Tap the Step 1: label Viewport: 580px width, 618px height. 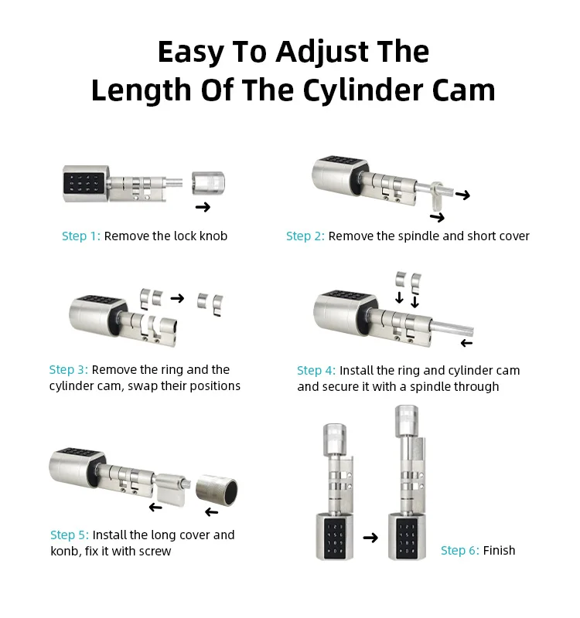pyautogui.click(x=81, y=236)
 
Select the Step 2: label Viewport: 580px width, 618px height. pyautogui.click(x=305, y=236)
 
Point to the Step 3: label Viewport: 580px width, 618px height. pyautogui.click(x=68, y=370)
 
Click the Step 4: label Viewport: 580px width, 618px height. pyautogui.click(x=316, y=371)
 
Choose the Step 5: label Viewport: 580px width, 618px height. pyautogui.click(x=70, y=535)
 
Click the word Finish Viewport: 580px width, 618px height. pyautogui.click(x=499, y=550)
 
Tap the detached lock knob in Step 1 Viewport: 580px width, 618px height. pyautogui.click(x=208, y=183)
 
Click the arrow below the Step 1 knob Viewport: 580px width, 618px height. pyautogui.click(x=203, y=207)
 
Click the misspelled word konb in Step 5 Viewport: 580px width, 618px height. pyautogui.click(x=65, y=551)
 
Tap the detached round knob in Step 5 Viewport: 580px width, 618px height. pyautogui.click(x=217, y=490)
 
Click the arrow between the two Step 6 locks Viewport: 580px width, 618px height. pyautogui.click(x=370, y=537)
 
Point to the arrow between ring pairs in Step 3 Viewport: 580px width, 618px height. pyautogui.click(x=177, y=298)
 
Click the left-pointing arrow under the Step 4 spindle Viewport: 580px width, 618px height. pyautogui.click(x=467, y=343)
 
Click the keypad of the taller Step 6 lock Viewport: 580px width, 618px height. pyautogui.click(x=406, y=538)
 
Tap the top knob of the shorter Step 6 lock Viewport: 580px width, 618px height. pyautogui.click(x=335, y=440)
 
